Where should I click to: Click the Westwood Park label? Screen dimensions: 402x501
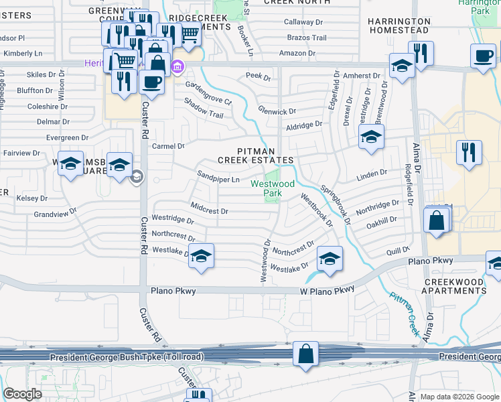(x=273, y=188)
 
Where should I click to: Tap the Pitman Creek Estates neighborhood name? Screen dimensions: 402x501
(x=256, y=155)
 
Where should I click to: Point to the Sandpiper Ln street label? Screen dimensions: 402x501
(x=218, y=179)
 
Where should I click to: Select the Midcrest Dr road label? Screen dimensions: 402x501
(x=210, y=210)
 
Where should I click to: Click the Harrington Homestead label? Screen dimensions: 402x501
(x=399, y=26)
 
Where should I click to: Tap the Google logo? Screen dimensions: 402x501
(x=22, y=394)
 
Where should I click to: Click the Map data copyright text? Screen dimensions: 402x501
(x=459, y=397)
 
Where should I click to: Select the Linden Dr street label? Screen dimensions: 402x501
(x=373, y=173)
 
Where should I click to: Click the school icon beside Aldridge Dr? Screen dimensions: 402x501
(x=370, y=139)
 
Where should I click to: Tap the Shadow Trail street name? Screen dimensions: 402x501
(x=204, y=115)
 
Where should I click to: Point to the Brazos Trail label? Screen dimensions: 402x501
(x=307, y=38)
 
